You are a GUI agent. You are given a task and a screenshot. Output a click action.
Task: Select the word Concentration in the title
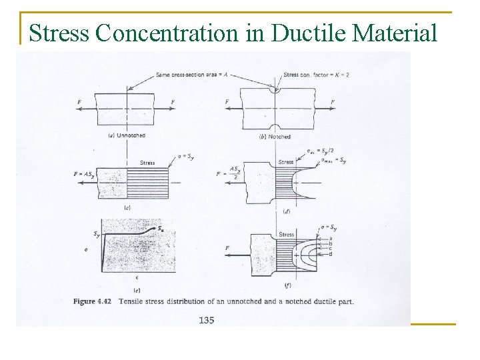[x=169, y=32]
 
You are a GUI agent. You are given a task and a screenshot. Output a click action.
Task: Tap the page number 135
[x=206, y=320]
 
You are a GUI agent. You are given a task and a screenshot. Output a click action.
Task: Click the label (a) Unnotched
[x=127, y=135]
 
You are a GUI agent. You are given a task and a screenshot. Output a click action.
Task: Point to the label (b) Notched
[x=274, y=136]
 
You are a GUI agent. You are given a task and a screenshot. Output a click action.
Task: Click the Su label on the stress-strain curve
[x=163, y=229]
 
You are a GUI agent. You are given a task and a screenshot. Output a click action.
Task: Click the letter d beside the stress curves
[x=331, y=255]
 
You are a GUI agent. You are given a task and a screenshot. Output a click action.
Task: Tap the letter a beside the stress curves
[x=331, y=238]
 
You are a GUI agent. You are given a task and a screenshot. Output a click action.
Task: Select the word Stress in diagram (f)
[x=287, y=235]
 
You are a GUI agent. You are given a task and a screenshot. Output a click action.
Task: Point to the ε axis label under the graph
[x=137, y=277]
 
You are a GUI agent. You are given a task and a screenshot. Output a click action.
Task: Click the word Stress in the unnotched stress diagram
[x=147, y=163]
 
